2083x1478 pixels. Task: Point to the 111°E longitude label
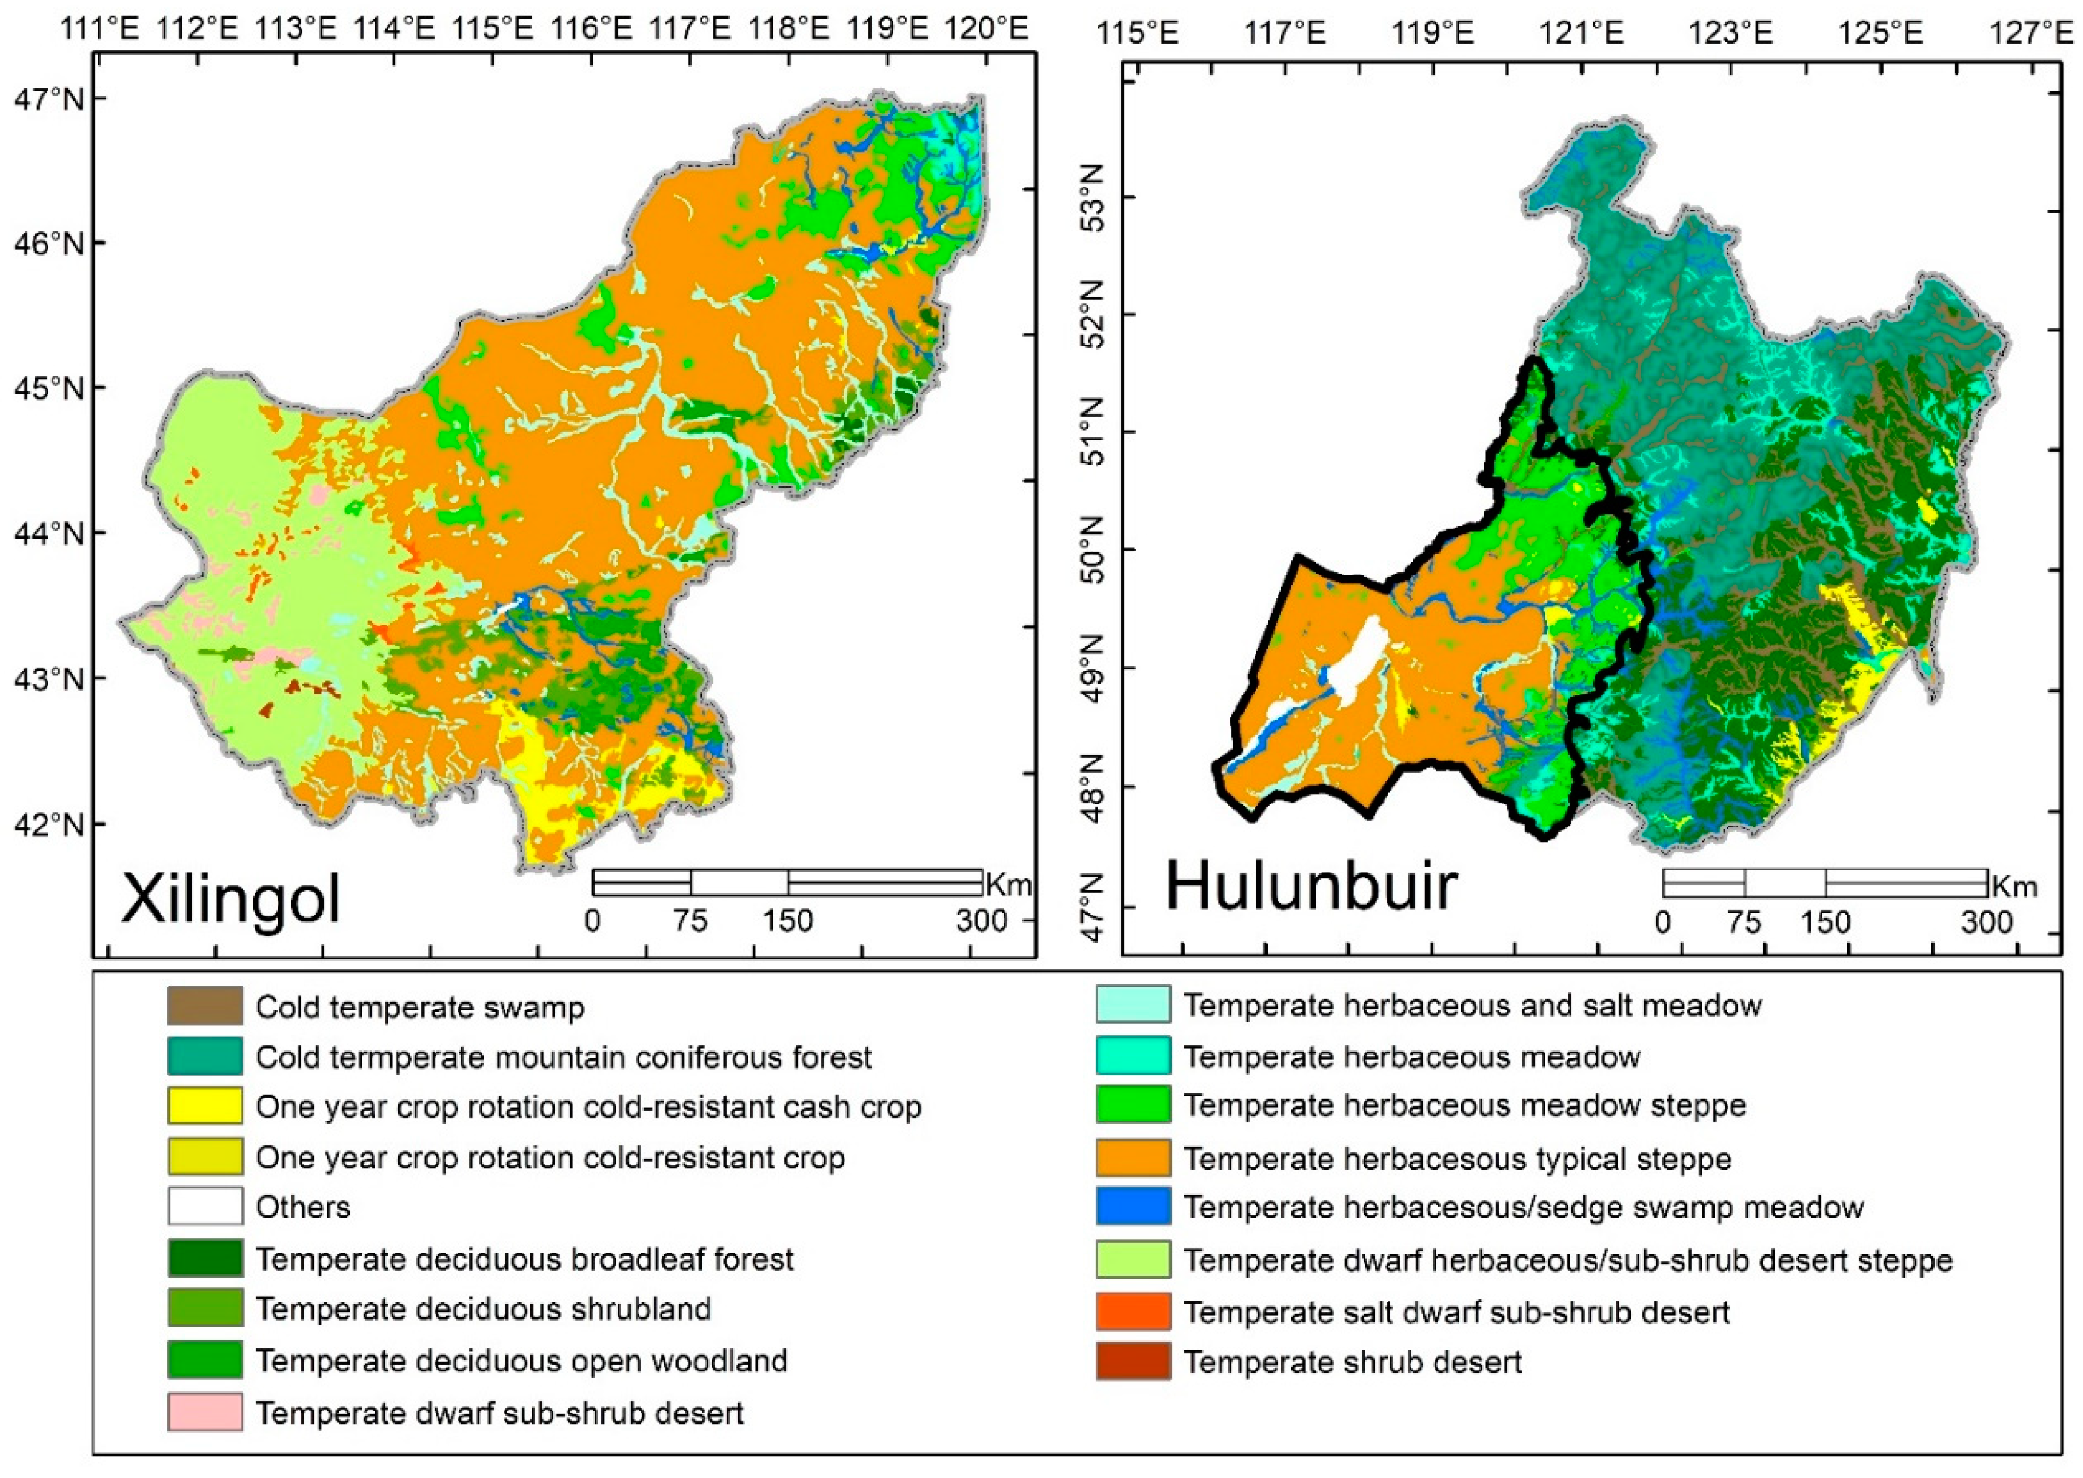100,29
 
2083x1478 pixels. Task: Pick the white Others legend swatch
205,1207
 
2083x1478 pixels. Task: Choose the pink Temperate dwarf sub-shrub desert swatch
205,1413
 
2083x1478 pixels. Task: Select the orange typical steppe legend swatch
1133,1159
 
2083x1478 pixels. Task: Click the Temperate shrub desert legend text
1352,1362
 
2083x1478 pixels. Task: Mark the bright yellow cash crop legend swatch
205,1107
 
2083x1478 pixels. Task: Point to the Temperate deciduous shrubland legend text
482,1309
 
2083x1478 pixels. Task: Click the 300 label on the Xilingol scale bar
981,921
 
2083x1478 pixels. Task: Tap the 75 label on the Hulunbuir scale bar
1744,922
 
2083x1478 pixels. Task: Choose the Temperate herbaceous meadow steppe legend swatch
1133,1105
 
